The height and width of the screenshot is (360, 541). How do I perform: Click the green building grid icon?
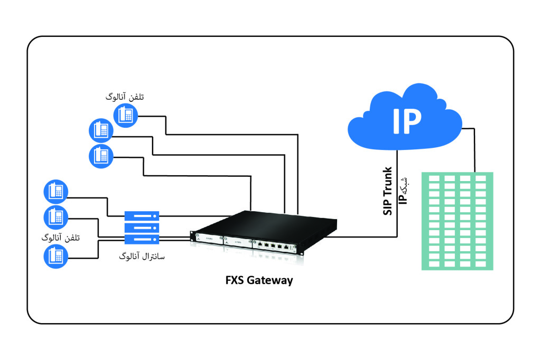coord(457,221)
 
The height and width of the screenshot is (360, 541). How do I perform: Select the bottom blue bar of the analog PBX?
coord(142,239)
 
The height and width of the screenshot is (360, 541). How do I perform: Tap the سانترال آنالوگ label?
coord(142,257)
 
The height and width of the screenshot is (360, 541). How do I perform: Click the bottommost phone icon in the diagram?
coord(55,257)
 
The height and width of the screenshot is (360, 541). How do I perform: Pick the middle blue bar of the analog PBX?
coord(142,228)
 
